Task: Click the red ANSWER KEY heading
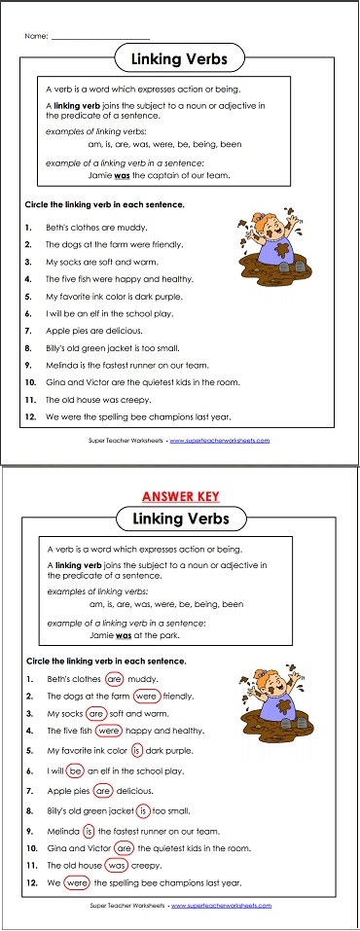coord(178,494)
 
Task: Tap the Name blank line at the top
coord(100,38)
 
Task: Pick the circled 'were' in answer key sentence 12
coord(77,883)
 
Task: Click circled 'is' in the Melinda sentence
coord(90,830)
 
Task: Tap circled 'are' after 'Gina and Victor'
coord(124,848)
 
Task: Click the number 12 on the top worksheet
coord(31,416)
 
